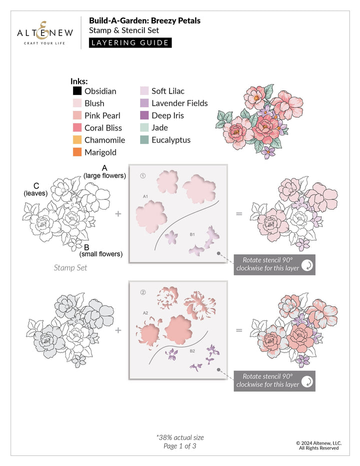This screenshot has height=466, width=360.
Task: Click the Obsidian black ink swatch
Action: pos(77,91)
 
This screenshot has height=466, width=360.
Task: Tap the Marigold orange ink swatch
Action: pos(77,152)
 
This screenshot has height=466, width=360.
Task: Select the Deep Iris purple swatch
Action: pos(144,115)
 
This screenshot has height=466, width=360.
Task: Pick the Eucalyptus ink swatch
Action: pos(144,140)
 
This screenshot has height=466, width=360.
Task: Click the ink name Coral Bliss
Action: pos(103,128)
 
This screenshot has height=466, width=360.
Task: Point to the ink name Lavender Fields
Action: pos(179,103)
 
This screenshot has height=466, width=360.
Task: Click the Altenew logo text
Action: pos(45,33)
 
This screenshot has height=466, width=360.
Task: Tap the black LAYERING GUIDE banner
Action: pos(130,42)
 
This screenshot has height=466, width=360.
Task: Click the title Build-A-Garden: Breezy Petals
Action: pos(144,21)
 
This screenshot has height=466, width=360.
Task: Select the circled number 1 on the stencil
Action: pos(142,175)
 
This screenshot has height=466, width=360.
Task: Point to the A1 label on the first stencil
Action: pos(145,196)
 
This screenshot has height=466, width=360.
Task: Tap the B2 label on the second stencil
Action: pos(192,351)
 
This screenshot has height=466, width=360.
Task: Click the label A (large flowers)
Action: pos(104,171)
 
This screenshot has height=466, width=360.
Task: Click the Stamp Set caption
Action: pos(70,268)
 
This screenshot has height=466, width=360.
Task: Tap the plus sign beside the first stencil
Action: pos(118,213)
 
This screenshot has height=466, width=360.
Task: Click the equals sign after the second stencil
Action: pos(239,330)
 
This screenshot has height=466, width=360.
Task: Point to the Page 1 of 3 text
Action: pos(180,446)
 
